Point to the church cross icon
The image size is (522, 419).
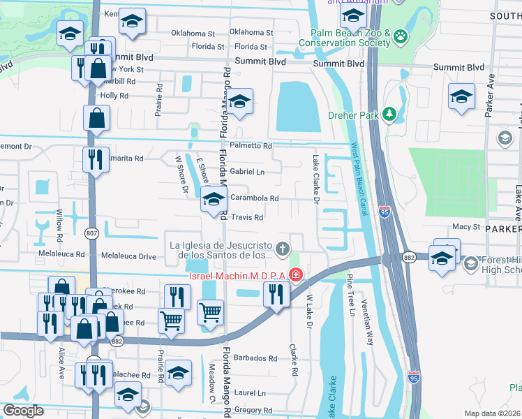[x=283, y=248]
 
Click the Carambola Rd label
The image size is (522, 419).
[x=254, y=198]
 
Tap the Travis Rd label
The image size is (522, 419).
[x=247, y=218]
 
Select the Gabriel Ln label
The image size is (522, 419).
[x=247, y=172]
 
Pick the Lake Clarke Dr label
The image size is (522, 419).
[x=315, y=181]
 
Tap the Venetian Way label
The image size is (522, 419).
[x=367, y=322]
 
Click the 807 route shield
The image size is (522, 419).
[x=94, y=233]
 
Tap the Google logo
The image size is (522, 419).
[x=23, y=411]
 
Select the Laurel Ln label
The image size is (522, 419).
[x=251, y=393]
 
